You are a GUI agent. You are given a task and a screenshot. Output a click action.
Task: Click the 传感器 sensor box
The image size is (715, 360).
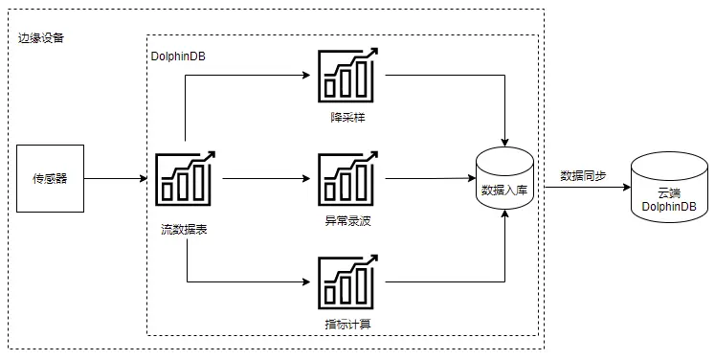tap(51, 178)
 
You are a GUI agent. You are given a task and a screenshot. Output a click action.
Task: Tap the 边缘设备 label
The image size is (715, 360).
tap(41, 38)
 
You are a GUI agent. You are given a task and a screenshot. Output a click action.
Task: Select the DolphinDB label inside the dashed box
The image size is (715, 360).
tap(178, 56)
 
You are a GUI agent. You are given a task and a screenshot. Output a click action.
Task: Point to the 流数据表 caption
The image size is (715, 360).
tap(186, 229)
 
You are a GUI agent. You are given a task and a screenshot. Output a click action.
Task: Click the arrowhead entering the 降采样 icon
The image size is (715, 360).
tap(309, 77)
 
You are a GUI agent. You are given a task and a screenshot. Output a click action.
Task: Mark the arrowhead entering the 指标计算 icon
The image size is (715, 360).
tap(309, 281)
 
